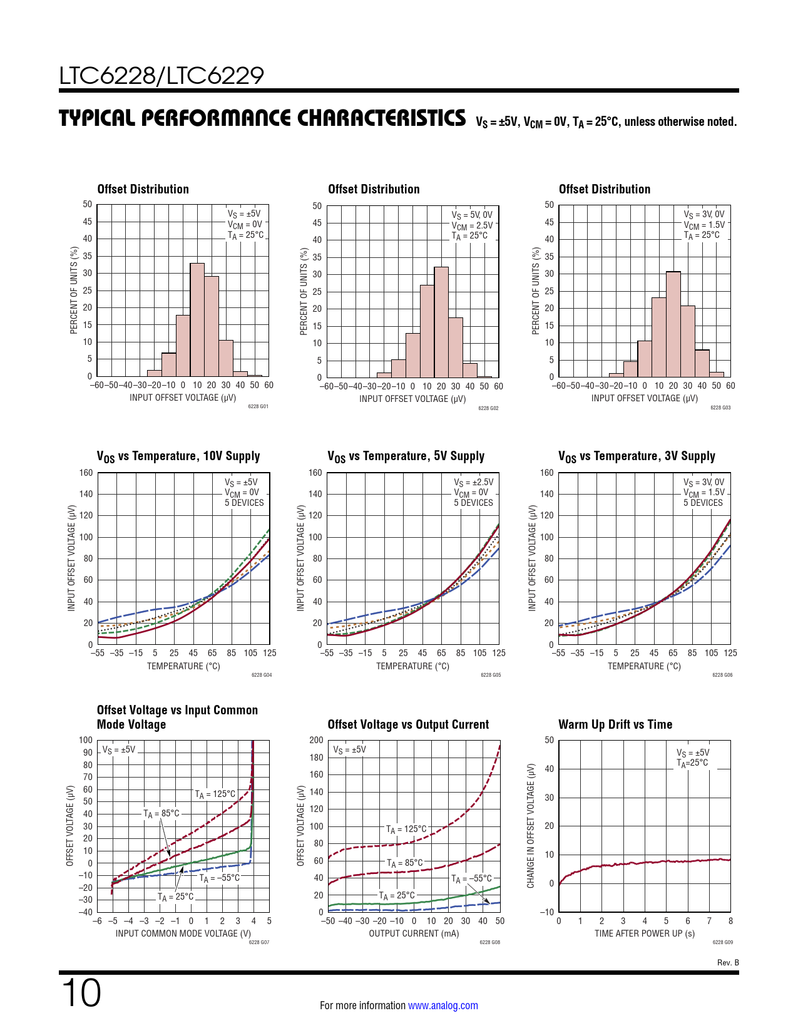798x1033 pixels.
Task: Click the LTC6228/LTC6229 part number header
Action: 161,76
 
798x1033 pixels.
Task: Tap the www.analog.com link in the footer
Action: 442,1005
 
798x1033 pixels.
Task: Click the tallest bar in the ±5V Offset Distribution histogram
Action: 197,319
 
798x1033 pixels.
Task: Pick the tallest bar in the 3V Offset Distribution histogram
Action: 673,324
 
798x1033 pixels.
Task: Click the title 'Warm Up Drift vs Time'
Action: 615,724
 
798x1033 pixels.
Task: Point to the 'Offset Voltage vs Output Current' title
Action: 408,724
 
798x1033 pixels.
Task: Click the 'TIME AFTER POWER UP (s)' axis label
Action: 645,933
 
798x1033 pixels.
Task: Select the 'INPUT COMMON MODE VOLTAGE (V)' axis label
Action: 183,933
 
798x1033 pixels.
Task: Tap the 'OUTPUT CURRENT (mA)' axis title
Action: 414,933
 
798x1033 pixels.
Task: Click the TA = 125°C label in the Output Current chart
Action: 406,830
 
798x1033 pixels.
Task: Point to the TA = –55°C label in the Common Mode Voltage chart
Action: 220,878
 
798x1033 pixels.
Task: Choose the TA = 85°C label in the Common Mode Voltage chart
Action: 161,813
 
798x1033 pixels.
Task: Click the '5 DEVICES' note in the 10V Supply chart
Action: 244,503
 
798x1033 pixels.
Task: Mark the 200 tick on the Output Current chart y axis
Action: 316,740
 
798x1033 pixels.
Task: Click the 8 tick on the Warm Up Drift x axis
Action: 730,921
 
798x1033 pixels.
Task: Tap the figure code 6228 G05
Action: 491,675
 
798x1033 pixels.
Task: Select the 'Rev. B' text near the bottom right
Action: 728,962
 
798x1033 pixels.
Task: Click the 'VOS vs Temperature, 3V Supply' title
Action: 637,456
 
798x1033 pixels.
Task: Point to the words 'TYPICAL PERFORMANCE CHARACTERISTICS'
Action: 262,118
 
